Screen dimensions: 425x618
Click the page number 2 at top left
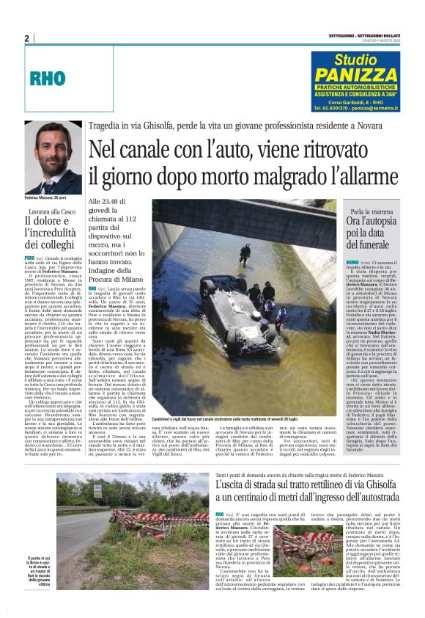tap(27, 38)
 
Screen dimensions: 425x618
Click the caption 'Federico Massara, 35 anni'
tap(45, 198)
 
